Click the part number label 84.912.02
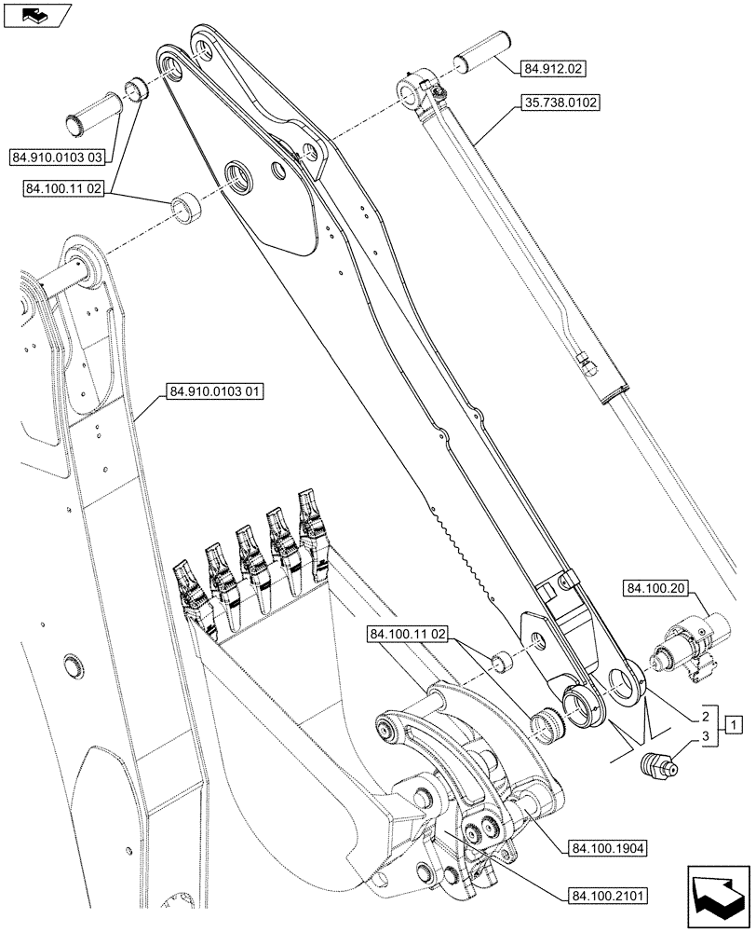[x=555, y=68]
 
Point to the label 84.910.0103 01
[x=215, y=392]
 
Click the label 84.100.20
[x=656, y=588]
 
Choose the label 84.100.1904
[x=610, y=848]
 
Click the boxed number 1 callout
[x=734, y=723]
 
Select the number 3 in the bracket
[x=706, y=738]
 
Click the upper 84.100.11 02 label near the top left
[x=62, y=189]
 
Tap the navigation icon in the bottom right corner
[x=718, y=896]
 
